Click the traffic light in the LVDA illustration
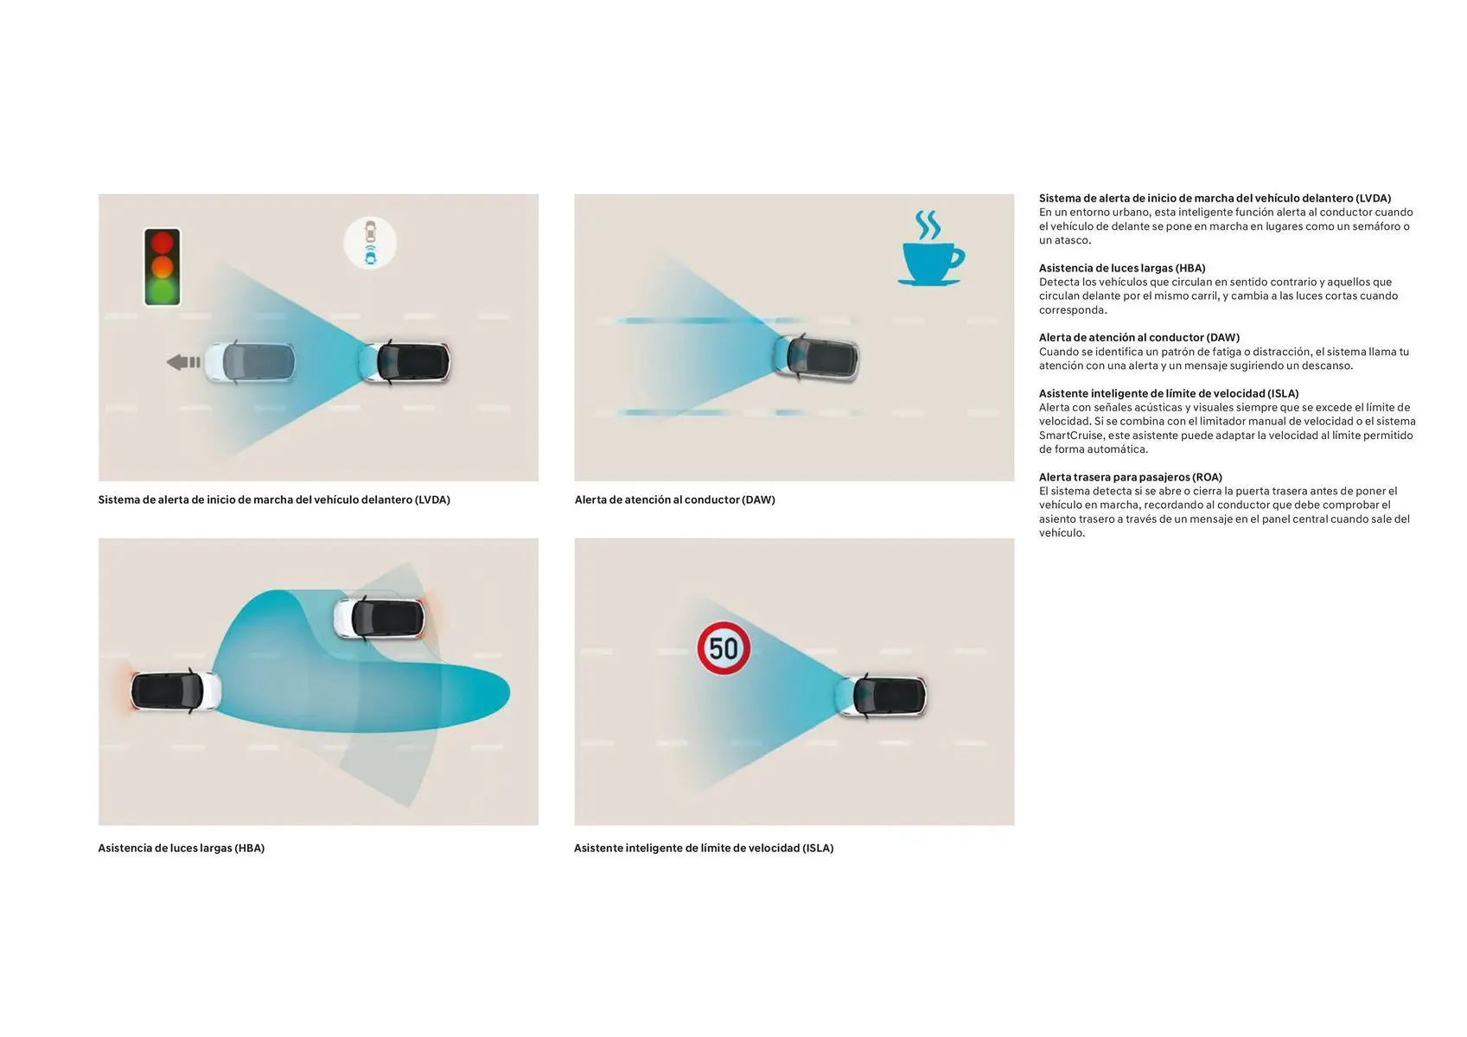(163, 266)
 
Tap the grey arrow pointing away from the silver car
(183, 362)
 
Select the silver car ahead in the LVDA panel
(250, 361)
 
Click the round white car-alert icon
(370, 243)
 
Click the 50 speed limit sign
(724, 648)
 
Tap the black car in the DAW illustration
(816, 358)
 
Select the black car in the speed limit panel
(882, 696)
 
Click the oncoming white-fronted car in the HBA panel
(380, 618)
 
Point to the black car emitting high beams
(175, 690)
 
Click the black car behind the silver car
(405, 361)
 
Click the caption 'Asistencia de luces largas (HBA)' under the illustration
(182, 848)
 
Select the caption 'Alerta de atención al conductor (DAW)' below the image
(674, 499)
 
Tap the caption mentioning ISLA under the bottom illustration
(704, 848)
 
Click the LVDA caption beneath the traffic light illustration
(274, 499)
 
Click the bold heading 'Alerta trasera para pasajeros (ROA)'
(1131, 477)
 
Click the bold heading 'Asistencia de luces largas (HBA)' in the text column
(1122, 268)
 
